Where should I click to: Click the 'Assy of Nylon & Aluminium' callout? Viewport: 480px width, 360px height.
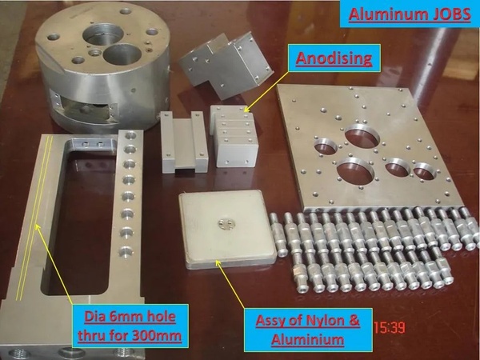(308, 329)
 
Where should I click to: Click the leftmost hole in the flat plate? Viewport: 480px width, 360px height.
(326, 146)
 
